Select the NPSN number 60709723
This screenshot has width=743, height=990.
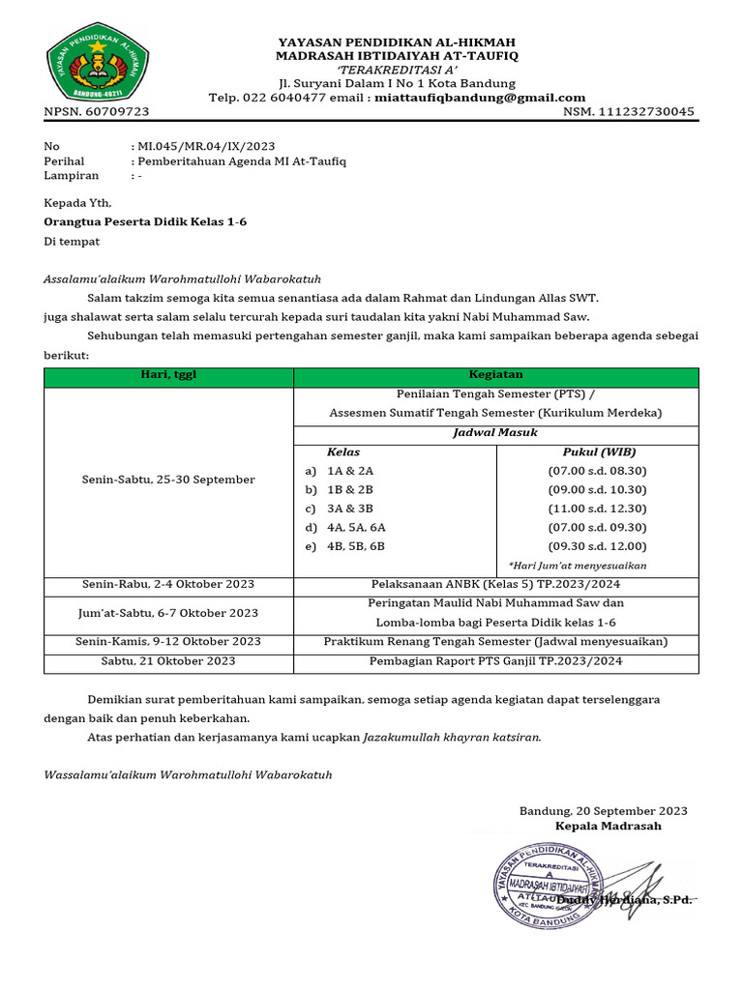pos(116,112)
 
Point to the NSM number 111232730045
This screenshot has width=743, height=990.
pos(646,112)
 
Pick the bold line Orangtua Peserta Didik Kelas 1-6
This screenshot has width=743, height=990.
pos(145,221)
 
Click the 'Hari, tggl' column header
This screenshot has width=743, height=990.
pos(168,375)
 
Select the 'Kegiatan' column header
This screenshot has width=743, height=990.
pos(495,374)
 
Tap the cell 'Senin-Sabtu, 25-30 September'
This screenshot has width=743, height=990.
pos(168,480)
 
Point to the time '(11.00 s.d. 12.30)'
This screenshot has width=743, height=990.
pos(597,509)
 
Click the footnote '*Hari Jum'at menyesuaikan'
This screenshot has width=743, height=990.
pos(578,566)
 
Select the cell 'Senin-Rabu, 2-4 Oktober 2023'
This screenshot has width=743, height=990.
pos(168,585)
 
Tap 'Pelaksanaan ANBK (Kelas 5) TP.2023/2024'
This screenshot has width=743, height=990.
pos(495,585)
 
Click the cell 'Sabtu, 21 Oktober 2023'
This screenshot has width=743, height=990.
pos(168,661)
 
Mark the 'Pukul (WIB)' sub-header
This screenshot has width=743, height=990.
pos(599,451)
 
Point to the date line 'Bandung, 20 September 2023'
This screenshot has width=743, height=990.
pos(604,811)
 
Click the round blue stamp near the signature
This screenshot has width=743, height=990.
pos(549,883)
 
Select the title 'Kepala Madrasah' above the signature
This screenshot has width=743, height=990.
pos(608,827)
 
